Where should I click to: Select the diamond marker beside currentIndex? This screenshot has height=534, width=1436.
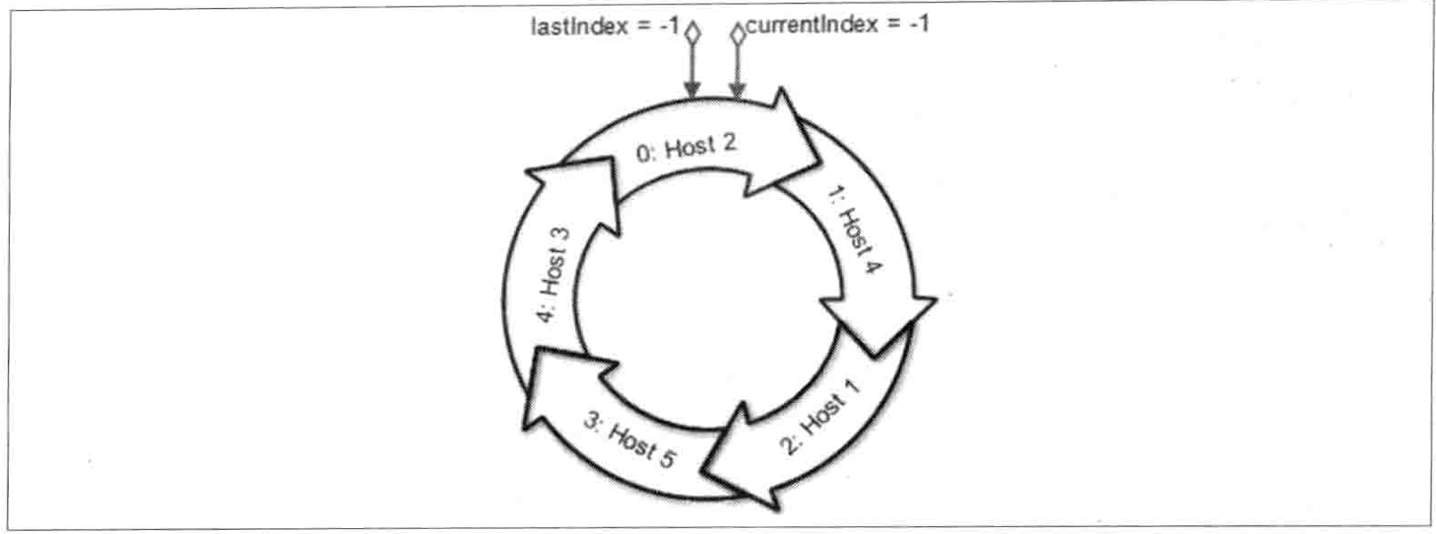(737, 34)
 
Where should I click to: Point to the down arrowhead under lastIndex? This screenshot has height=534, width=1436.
(692, 90)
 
